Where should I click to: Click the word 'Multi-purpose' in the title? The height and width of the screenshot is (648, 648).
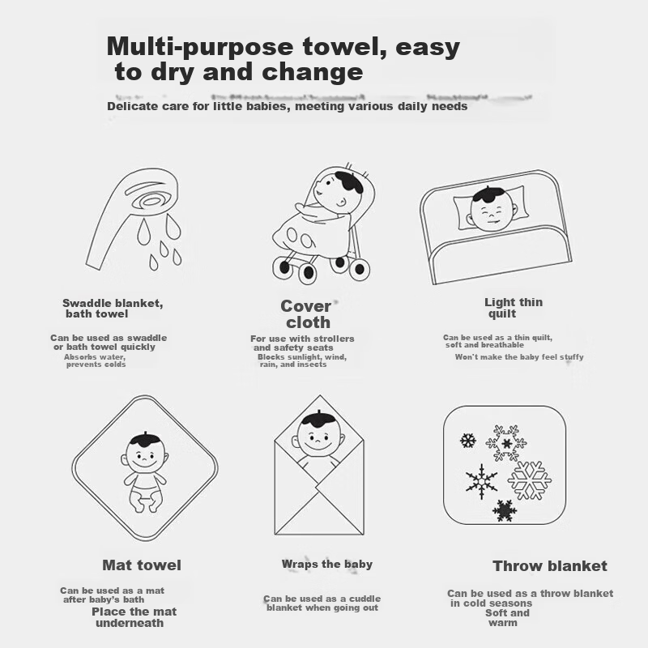click(201, 48)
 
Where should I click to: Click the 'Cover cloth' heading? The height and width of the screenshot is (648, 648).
click(307, 314)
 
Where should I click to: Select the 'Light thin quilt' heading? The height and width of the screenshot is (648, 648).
click(514, 308)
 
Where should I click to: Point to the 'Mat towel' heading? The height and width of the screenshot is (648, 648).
click(142, 565)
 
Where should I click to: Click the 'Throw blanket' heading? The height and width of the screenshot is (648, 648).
click(550, 565)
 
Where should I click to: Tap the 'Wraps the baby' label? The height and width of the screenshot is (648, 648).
click(327, 564)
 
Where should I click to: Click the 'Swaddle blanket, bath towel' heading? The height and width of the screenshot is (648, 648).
click(113, 309)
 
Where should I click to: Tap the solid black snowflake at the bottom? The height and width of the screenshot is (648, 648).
click(505, 511)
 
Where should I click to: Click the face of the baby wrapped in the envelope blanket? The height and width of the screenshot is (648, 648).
click(318, 441)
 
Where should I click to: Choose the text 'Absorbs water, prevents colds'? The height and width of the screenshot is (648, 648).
click(95, 360)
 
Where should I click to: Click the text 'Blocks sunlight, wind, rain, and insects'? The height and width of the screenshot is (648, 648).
click(302, 360)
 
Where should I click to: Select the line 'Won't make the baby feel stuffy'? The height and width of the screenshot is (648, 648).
click(519, 357)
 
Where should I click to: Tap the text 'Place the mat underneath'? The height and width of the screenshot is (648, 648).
click(134, 617)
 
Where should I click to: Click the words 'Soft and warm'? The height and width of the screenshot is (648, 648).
click(507, 618)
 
